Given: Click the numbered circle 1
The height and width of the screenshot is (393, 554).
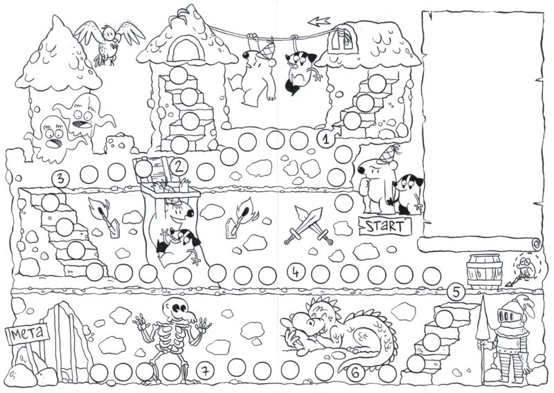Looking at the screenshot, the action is click(325, 139).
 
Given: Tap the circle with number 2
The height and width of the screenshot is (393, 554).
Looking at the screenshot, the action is click(179, 167).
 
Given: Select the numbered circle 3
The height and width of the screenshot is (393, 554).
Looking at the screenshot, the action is click(60, 179).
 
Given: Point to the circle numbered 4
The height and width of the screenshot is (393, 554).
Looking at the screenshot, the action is click(296, 272).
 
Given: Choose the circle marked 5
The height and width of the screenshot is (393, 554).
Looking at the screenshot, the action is click(456, 292).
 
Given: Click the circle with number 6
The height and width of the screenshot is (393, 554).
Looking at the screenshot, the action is click(355, 372).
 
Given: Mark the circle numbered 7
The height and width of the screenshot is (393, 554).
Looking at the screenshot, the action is click(205, 370).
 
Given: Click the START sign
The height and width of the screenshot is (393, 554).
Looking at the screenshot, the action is click(385, 226).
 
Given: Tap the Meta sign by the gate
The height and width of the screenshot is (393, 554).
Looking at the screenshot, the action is click(28, 333).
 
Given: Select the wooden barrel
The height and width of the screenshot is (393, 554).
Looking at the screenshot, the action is click(485, 270).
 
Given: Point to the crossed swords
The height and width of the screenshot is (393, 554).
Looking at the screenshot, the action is click(309, 226).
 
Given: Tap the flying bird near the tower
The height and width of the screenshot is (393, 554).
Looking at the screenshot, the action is click(109, 41).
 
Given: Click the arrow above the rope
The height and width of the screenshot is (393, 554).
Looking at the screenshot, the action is click(319, 21).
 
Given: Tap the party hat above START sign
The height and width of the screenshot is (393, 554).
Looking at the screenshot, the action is click(388, 154).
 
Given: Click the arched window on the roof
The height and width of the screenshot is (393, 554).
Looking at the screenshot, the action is click(187, 49).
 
